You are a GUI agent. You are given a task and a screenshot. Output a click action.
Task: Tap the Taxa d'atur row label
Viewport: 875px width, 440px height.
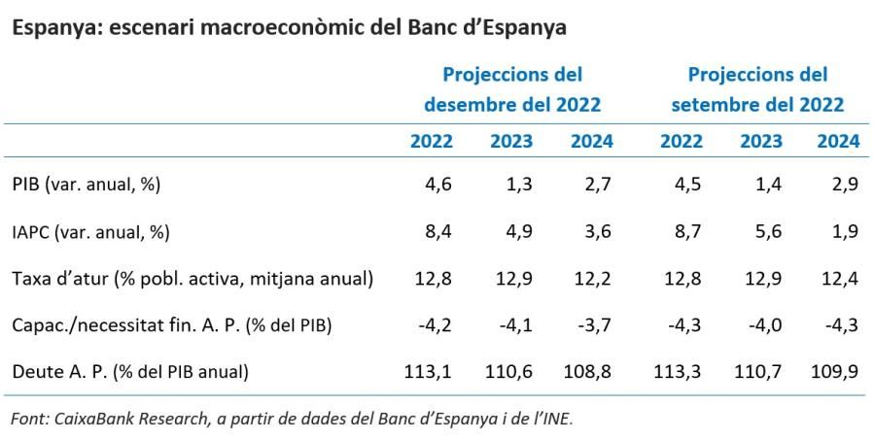(x=192, y=279)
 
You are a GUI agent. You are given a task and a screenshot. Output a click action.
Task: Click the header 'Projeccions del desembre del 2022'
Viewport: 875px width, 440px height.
(x=512, y=89)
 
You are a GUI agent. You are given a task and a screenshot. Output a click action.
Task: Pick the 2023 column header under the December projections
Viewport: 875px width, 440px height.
(x=511, y=141)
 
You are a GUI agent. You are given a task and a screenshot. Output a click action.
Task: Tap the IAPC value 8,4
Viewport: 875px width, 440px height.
(x=439, y=232)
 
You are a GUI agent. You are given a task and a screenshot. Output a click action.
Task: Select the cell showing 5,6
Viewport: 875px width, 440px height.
(x=769, y=232)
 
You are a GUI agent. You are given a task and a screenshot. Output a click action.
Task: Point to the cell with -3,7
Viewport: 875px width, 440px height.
(x=594, y=325)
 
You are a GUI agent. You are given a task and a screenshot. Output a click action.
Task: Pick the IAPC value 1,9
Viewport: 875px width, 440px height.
(x=845, y=232)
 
